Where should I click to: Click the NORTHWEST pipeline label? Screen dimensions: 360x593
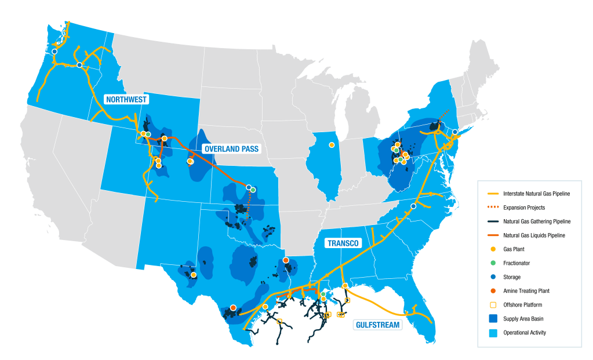(126, 99)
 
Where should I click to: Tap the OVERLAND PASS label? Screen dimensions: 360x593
(231, 149)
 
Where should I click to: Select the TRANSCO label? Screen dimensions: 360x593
(342, 242)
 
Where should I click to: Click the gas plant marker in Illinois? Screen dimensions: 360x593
(332, 144)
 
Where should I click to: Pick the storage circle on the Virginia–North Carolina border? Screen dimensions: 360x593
(413, 206)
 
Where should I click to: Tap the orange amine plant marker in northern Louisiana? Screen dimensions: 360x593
(286, 260)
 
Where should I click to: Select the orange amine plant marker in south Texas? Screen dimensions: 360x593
(233, 308)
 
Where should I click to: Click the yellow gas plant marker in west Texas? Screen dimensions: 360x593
(194, 275)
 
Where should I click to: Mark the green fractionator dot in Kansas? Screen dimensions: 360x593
(253, 190)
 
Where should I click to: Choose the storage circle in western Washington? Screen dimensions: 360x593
(54, 52)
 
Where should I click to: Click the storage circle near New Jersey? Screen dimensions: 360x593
(455, 132)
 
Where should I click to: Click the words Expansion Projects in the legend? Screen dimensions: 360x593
(524, 207)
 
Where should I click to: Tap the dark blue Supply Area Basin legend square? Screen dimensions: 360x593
(493, 318)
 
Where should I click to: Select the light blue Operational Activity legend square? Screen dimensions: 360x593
(493, 332)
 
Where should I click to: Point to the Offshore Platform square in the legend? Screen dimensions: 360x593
(493, 304)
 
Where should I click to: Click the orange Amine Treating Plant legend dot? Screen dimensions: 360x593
(493, 290)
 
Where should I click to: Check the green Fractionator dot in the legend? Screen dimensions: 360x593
(493, 263)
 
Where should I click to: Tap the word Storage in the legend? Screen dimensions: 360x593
(512, 277)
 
